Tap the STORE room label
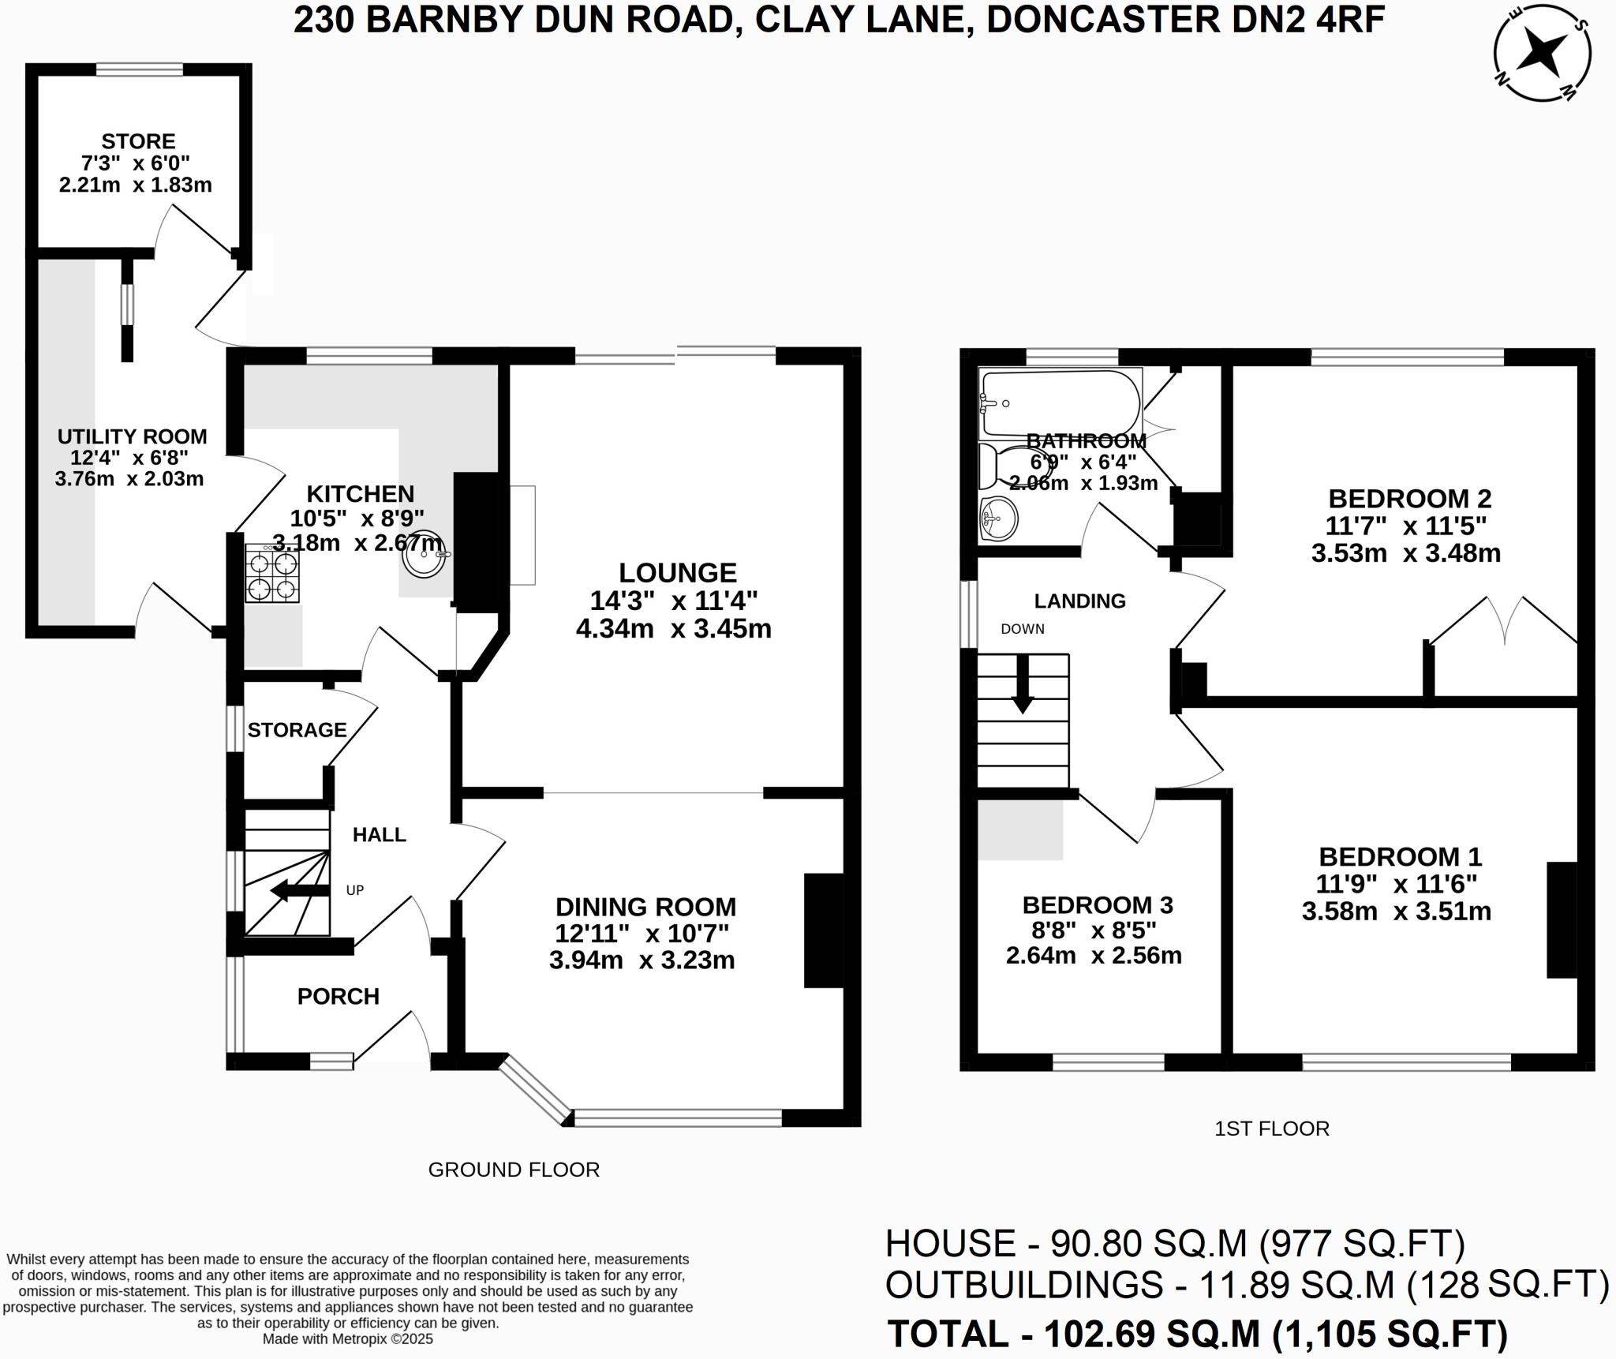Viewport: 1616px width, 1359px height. [x=138, y=141]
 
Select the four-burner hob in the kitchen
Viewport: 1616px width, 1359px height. [x=272, y=575]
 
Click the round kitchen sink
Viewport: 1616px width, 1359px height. [x=425, y=555]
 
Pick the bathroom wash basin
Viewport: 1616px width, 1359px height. [x=998, y=519]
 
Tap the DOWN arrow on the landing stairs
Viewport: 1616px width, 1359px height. [x=1023, y=685]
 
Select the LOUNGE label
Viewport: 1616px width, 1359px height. [x=677, y=572]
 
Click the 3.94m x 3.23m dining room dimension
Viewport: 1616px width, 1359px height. [x=642, y=960]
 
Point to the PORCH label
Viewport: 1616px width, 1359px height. [x=338, y=996]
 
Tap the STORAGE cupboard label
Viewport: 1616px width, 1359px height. [x=297, y=730]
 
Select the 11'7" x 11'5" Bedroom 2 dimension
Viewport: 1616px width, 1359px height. [x=1406, y=526]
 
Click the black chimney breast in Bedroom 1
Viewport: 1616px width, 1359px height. [x=1561, y=920]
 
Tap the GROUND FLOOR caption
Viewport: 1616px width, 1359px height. [x=514, y=1170]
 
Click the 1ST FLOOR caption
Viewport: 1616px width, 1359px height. [x=1271, y=1129]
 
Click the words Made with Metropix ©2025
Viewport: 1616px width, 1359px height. [x=347, y=1339]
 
